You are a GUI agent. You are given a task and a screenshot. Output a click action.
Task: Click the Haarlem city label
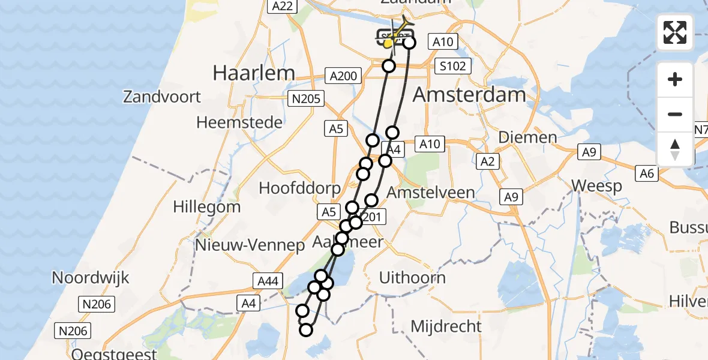(x=254, y=73)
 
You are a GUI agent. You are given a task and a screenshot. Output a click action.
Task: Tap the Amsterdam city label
(x=469, y=94)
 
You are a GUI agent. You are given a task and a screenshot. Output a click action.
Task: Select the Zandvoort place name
(x=162, y=96)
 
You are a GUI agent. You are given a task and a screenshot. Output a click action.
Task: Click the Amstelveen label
(x=431, y=193)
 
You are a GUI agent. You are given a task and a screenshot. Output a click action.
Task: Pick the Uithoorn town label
(x=412, y=277)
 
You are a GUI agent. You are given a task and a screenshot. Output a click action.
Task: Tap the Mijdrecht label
(x=446, y=326)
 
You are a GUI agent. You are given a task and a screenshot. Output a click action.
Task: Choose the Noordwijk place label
(x=90, y=278)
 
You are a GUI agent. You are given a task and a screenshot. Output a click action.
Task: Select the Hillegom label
(x=206, y=207)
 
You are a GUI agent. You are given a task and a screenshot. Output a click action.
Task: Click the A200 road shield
(x=343, y=76)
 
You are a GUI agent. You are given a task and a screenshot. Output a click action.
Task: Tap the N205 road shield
(x=305, y=99)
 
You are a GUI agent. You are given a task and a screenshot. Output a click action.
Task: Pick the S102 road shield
(x=452, y=66)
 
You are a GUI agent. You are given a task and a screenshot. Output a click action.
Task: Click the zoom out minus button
(x=675, y=114)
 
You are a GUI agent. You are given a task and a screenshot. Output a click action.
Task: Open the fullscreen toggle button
(x=675, y=32)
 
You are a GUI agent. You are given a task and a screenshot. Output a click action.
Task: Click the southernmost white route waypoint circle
(x=307, y=329)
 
